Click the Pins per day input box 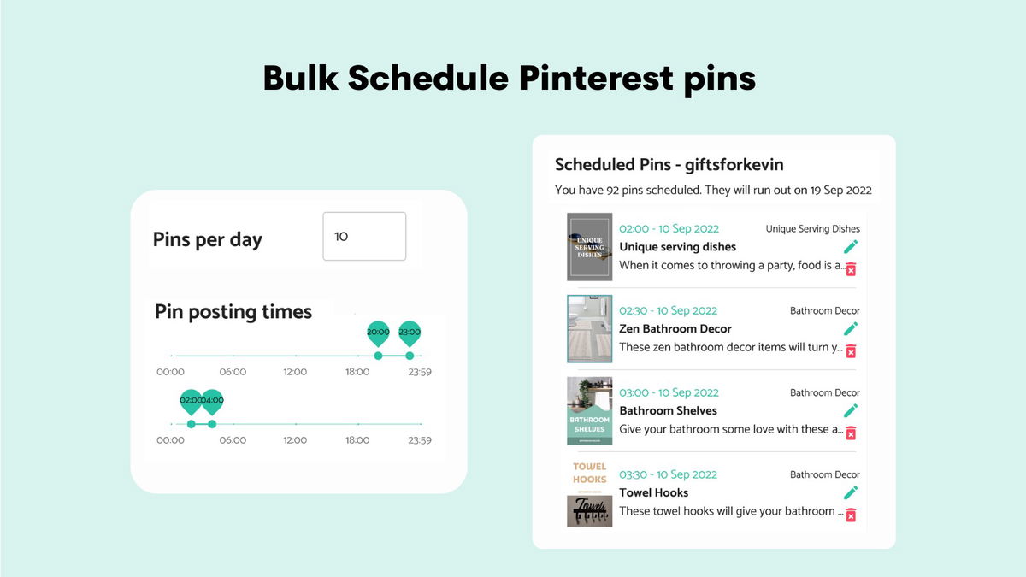click(x=364, y=236)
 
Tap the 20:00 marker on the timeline click(x=378, y=333)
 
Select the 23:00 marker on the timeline click(x=410, y=333)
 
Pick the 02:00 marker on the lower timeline click(x=191, y=402)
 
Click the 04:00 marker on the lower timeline click(x=212, y=402)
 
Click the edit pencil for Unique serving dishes click(x=850, y=247)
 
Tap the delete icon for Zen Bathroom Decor click(x=850, y=350)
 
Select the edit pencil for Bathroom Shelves click(x=850, y=410)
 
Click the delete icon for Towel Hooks click(x=850, y=515)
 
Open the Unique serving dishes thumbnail click(x=589, y=247)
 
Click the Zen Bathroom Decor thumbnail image click(x=589, y=329)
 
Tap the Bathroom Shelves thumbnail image click(x=589, y=411)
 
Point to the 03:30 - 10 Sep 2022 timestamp click(x=669, y=474)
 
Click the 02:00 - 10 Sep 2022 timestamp click(x=669, y=228)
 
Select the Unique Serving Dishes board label click(x=812, y=229)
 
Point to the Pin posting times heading click(x=233, y=312)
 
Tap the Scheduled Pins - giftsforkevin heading click(x=669, y=164)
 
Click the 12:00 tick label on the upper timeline click(x=295, y=372)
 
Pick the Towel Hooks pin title click(x=653, y=492)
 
